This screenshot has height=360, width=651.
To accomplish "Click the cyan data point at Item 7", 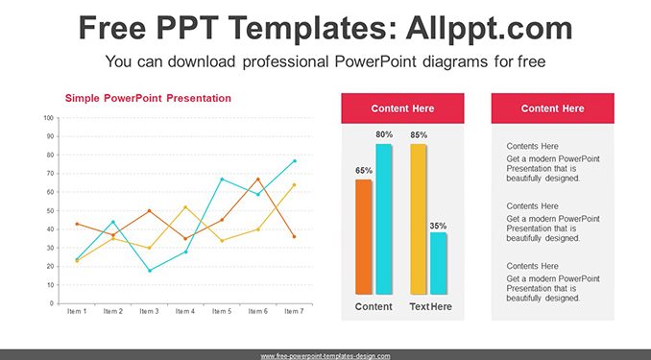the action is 295,160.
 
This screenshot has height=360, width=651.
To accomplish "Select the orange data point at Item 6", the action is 258,180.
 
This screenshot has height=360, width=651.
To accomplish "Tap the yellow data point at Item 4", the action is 185,206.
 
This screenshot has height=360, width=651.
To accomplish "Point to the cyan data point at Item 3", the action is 150,271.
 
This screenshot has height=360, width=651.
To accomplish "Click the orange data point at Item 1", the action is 77,224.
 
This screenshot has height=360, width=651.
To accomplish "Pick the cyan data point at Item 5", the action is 222,179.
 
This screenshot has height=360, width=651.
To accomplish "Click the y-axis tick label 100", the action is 49,118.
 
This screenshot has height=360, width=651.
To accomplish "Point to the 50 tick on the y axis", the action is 50,210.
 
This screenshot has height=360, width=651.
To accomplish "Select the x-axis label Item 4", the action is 185,311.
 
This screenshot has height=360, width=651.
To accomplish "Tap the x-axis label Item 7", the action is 294,311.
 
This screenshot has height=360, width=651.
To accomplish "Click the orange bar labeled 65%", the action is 364,237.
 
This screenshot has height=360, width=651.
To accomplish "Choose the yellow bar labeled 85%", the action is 418,219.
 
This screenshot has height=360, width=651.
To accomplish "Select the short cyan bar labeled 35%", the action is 439,263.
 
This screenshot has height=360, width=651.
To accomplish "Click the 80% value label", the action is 384,134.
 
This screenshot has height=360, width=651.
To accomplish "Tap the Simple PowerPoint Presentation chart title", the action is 148,99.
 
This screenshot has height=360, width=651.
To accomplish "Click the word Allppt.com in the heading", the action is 489,28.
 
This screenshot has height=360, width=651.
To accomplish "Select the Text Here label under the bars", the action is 430,307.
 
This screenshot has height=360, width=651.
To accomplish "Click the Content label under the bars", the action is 374,307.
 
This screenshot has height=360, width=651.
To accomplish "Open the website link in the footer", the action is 325,356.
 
